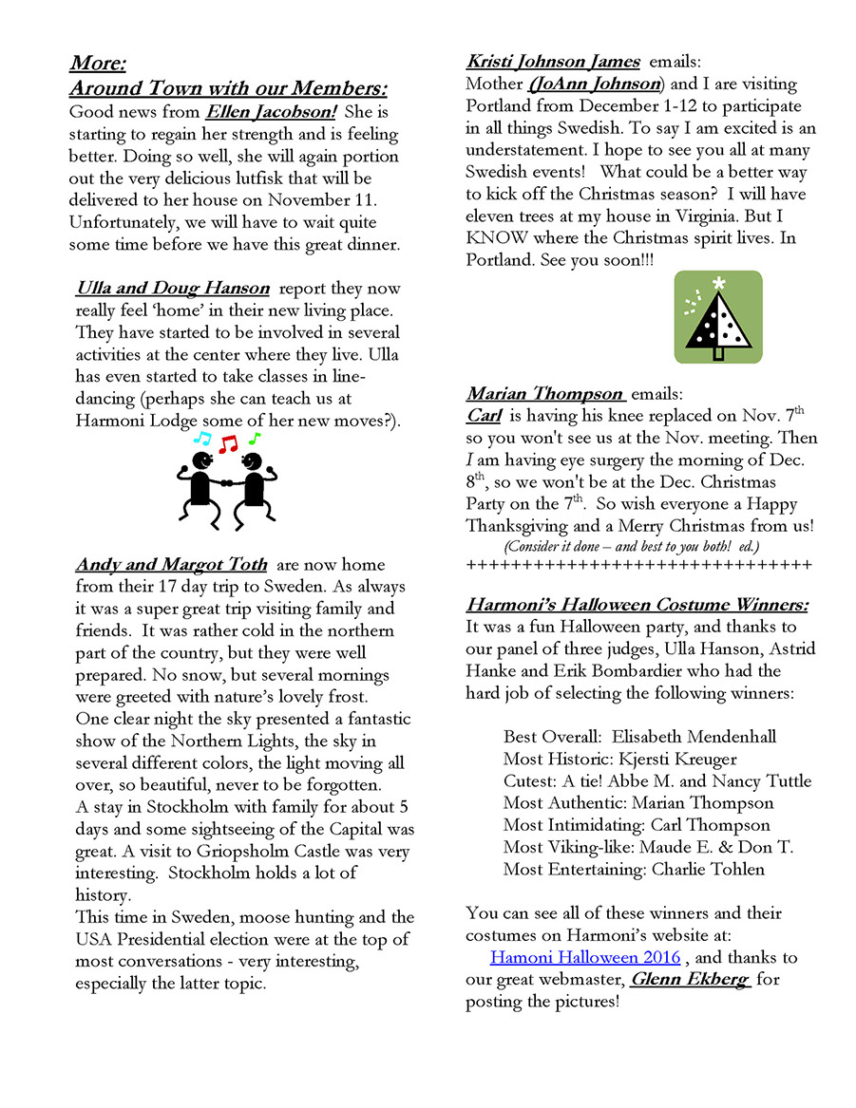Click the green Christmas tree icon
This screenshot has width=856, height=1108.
(718, 316)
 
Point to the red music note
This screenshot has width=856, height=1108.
(226, 443)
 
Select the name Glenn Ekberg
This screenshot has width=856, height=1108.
(690, 980)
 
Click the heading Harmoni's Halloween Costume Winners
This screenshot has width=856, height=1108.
(637, 605)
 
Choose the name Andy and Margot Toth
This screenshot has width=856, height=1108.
(171, 565)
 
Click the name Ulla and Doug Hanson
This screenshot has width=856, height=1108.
(172, 289)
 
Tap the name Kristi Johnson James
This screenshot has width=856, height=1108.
(553, 62)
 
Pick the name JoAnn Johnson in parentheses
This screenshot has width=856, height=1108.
(596, 84)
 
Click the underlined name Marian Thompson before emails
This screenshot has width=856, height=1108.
(544, 393)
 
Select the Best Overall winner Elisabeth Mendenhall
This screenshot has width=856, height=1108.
(694, 737)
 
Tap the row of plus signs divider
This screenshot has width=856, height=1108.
(638, 566)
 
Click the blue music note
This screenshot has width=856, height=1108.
(200, 438)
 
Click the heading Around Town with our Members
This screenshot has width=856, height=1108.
(228, 89)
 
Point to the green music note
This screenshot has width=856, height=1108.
(254, 439)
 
